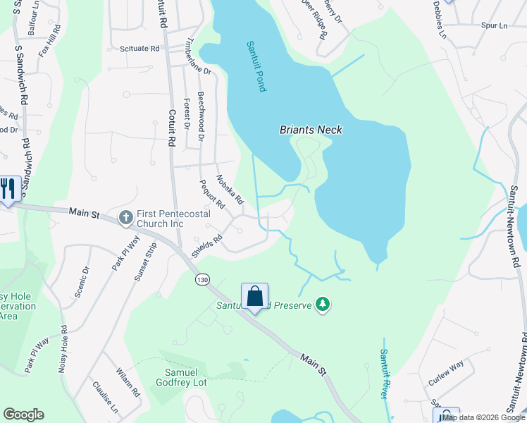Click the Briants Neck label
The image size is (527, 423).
click(310, 130)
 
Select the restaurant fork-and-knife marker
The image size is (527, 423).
click(8, 189)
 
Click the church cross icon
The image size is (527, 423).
click(125, 217)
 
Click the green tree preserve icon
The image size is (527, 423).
click(323, 305)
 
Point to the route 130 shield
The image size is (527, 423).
click(202, 280)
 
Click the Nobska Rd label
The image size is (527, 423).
click(230, 189)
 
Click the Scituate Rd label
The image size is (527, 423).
click(135, 49)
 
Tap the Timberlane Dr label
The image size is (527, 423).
click(198, 56)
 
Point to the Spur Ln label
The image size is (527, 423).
click(494, 25)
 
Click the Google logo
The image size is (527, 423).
click(23, 415)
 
